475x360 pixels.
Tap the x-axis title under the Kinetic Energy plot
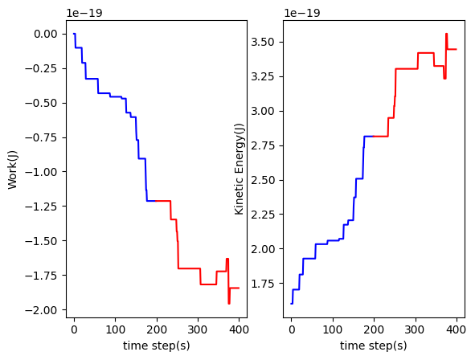pos(374,346)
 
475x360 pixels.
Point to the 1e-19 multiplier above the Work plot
pos(84,14)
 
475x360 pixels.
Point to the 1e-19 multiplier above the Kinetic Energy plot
pos(301,14)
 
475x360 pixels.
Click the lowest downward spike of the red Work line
pos(228,303)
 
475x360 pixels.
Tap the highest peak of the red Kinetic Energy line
pos(446,34)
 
